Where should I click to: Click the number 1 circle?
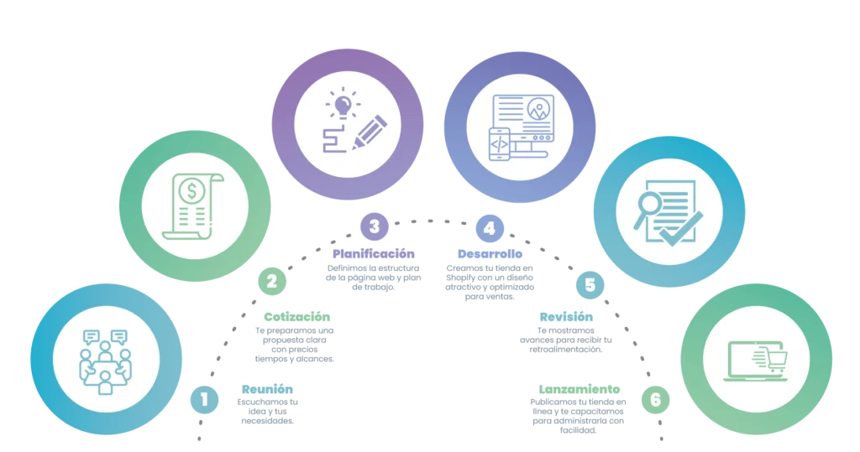pos(203,400)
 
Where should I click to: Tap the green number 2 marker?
pos(271,283)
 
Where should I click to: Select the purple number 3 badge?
pos(374,226)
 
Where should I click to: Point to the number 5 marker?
pos(590,285)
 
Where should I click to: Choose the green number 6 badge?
pos(655,400)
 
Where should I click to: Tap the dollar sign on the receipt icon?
pos(193,191)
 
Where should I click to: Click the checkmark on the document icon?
pos(680,226)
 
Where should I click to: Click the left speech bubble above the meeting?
pos(92,336)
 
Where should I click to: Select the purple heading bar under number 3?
pos(373,253)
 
